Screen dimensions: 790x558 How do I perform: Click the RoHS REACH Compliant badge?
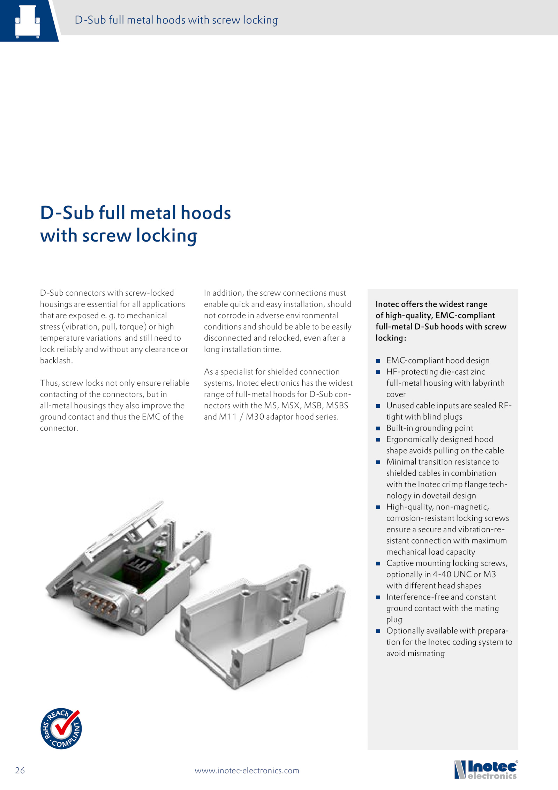(61, 729)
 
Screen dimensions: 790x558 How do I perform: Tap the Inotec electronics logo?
(486, 770)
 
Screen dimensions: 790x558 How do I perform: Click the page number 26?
(20, 770)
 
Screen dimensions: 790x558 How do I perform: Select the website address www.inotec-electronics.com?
(247, 770)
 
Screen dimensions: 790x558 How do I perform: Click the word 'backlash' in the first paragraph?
(56, 360)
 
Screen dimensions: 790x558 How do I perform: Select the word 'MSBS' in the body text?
(337, 405)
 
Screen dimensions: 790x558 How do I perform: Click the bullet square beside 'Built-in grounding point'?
(378, 428)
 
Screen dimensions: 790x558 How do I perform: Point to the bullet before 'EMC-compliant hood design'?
(378, 361)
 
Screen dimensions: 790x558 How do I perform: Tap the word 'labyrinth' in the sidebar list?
(488, 383)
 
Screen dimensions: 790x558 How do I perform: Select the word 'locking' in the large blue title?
(167, 236)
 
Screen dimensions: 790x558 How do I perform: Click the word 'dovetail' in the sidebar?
(439, 496)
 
